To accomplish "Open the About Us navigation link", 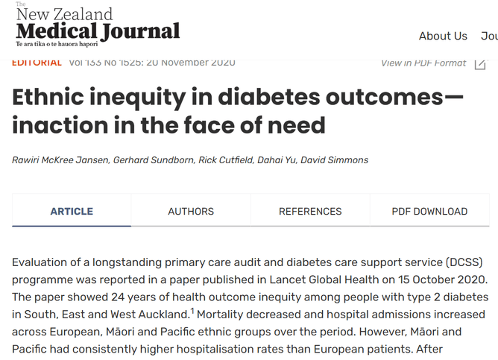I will [x=443, y=36].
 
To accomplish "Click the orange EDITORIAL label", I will [x=37, y=63].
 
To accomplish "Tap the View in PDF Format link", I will [x=423, y=63].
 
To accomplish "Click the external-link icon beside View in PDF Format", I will [x=480, y=63].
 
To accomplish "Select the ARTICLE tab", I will [x=72, y=212].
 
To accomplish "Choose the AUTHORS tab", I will [x=191, y=212].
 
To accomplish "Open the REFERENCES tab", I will [x=310, y=212].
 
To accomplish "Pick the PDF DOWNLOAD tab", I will [x=429, y=212].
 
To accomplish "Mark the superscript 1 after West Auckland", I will [x=192, y=312].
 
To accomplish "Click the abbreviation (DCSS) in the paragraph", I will [x=465, y=262].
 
